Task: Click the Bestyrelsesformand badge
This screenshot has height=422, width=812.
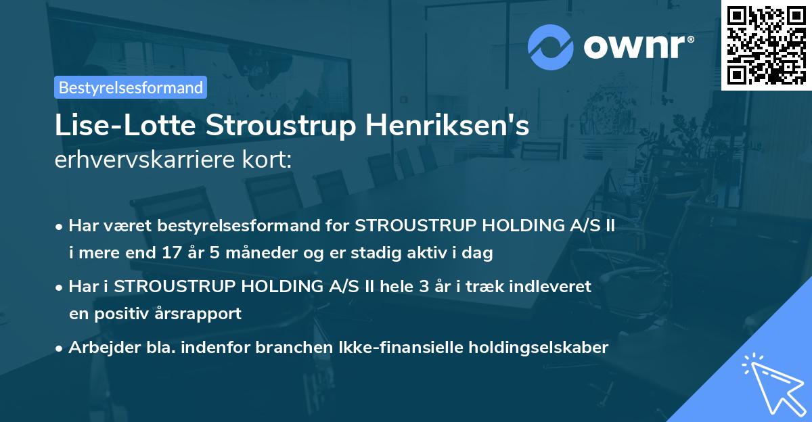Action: click(x=130, y=87)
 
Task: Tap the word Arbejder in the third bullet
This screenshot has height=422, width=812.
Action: click(x=97, y=348)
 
